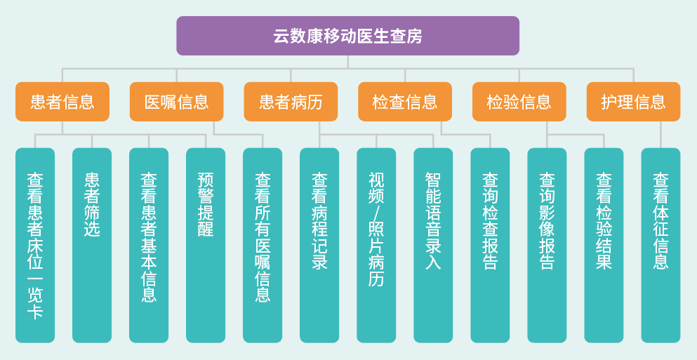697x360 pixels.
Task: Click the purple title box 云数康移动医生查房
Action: pos(347,36)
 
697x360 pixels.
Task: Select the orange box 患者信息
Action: pos(62,102)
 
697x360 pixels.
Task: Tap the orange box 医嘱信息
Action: pos(176,102)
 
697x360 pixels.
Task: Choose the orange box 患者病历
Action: pos(291,102)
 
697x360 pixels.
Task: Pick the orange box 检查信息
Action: pos(405,102)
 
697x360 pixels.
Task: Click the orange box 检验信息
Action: pos(519,102)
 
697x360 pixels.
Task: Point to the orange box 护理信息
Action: pos(633,102)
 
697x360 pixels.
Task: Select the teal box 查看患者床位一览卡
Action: pos(35,245)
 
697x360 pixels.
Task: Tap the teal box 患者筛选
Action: pos(92,245)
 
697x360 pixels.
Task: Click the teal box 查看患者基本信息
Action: pos(149,245)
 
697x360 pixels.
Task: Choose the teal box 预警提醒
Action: pos(206,245)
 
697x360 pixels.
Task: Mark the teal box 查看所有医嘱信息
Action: pos(263,245)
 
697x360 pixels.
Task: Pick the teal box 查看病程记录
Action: pos(319,245)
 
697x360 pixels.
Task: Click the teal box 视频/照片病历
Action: pos(376,245)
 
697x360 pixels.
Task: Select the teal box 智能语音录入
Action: pos(433,245)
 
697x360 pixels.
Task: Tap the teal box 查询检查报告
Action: pos(490,245)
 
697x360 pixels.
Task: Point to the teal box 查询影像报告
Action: pos(547,245)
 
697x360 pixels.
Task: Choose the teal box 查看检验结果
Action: pos(604,245)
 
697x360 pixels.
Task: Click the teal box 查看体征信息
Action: pos(661,245)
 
